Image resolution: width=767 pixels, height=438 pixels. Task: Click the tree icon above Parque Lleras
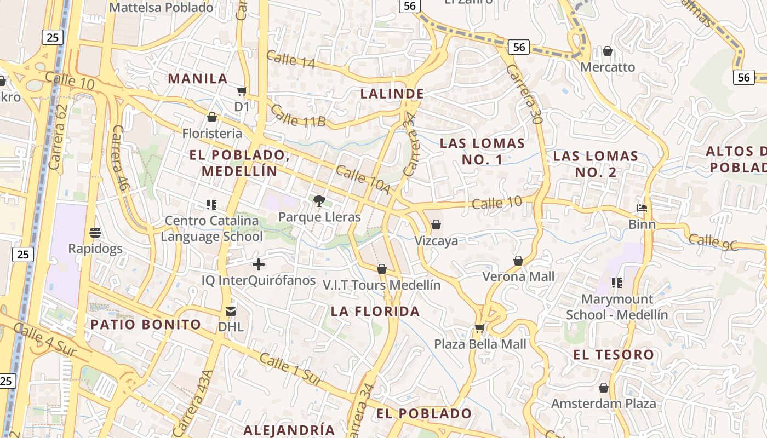point(319,201)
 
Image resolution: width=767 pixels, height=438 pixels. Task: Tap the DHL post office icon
point(231,312)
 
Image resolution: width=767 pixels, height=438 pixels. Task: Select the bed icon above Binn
point(642,208)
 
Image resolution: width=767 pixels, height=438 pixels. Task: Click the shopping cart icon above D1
point(242,91)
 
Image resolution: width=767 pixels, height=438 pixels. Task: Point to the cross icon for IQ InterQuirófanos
point(259,265)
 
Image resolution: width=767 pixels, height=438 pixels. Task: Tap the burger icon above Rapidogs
point(95,233)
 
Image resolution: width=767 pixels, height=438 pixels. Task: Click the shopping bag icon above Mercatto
point(607,51)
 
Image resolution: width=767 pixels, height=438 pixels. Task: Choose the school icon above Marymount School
point(617,283)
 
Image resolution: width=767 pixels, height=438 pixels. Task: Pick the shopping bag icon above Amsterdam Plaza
point(603,388)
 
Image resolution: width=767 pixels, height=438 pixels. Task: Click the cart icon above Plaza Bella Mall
point(480,328)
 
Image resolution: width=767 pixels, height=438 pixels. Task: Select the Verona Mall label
point(518,276)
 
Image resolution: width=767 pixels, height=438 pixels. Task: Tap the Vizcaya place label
point(436,241)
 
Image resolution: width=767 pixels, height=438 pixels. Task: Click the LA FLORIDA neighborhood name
point(375,312)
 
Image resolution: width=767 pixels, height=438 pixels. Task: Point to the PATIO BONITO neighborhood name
point(146,325)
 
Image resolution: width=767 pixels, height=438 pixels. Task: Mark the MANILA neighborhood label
point(198,79)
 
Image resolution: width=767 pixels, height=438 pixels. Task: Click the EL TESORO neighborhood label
point(614,355)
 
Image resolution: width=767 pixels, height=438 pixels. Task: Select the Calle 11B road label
point(298,116)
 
